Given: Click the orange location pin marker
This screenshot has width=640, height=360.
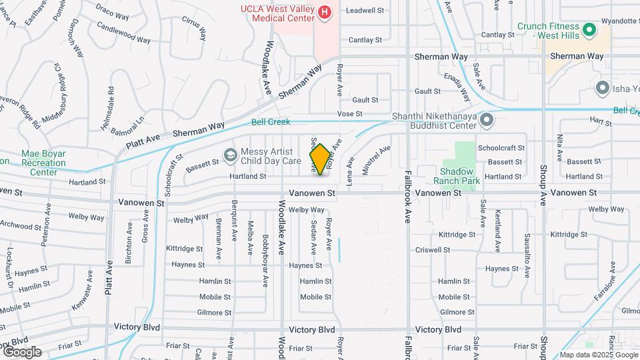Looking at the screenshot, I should point(320,159).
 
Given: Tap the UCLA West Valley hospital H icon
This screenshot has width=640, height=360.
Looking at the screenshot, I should point(325,12).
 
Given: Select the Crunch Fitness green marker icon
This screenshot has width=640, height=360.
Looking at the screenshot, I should point(589,30).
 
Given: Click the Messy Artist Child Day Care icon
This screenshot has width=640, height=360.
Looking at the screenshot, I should point(230,155).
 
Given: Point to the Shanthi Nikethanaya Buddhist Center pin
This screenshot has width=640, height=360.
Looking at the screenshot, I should point(487,121).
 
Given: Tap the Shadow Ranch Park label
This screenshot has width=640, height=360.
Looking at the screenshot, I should point(457,175).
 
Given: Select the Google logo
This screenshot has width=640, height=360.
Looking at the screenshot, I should point(22,352).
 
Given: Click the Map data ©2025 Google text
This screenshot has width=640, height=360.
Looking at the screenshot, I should point(598,355).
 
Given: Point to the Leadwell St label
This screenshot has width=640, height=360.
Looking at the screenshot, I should point(365,11).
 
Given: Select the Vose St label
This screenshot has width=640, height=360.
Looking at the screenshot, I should point(349,114).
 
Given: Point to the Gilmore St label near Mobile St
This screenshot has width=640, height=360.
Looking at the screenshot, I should point(214,312).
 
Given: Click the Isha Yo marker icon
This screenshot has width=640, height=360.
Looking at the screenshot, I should point(603,88).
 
